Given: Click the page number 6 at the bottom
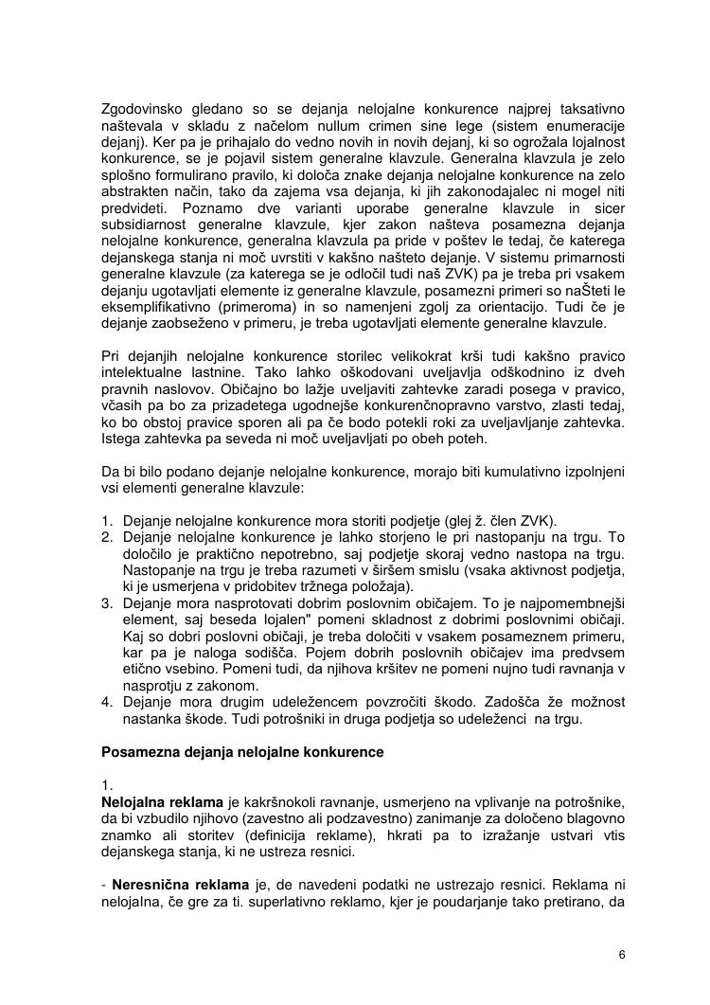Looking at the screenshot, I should coord(622,954).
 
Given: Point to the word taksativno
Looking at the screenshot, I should coord(589,110).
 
